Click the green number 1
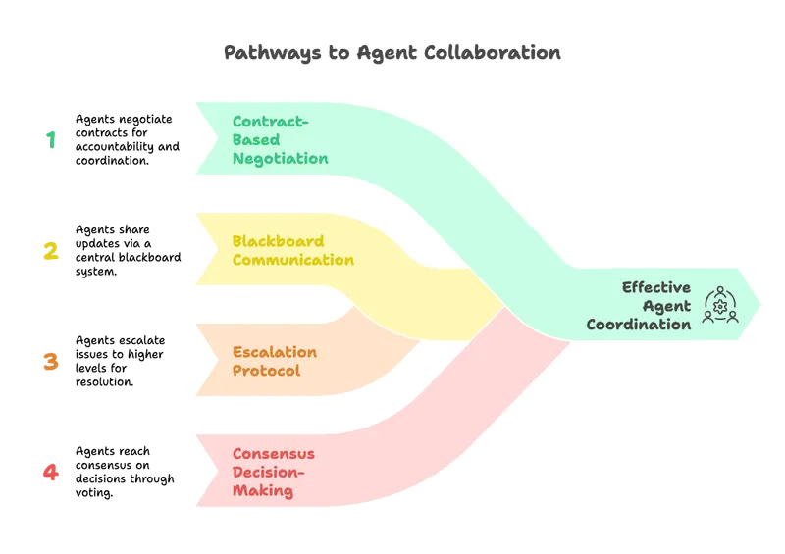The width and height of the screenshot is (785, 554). click(51, 139)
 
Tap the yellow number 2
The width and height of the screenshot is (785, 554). click(51, 251)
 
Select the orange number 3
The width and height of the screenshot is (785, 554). click(51, 362)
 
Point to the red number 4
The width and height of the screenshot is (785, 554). click(51, 472)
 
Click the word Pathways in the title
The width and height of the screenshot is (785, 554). click(273, 53)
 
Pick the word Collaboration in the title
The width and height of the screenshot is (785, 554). click(493, 52)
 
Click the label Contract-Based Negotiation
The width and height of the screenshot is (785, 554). click(281, 139)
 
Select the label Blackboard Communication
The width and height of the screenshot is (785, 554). click(292, 250)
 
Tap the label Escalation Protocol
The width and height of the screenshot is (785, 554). click(275, 361)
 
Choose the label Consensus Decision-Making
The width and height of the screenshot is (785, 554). click(274, 472)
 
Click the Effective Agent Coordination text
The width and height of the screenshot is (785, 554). click(639, 306)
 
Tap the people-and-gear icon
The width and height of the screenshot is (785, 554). click(720, 305)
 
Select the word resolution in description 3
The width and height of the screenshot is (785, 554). click(105, 381)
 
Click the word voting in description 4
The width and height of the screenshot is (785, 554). click(94, 493)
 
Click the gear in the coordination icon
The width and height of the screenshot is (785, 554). click(720, 306)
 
